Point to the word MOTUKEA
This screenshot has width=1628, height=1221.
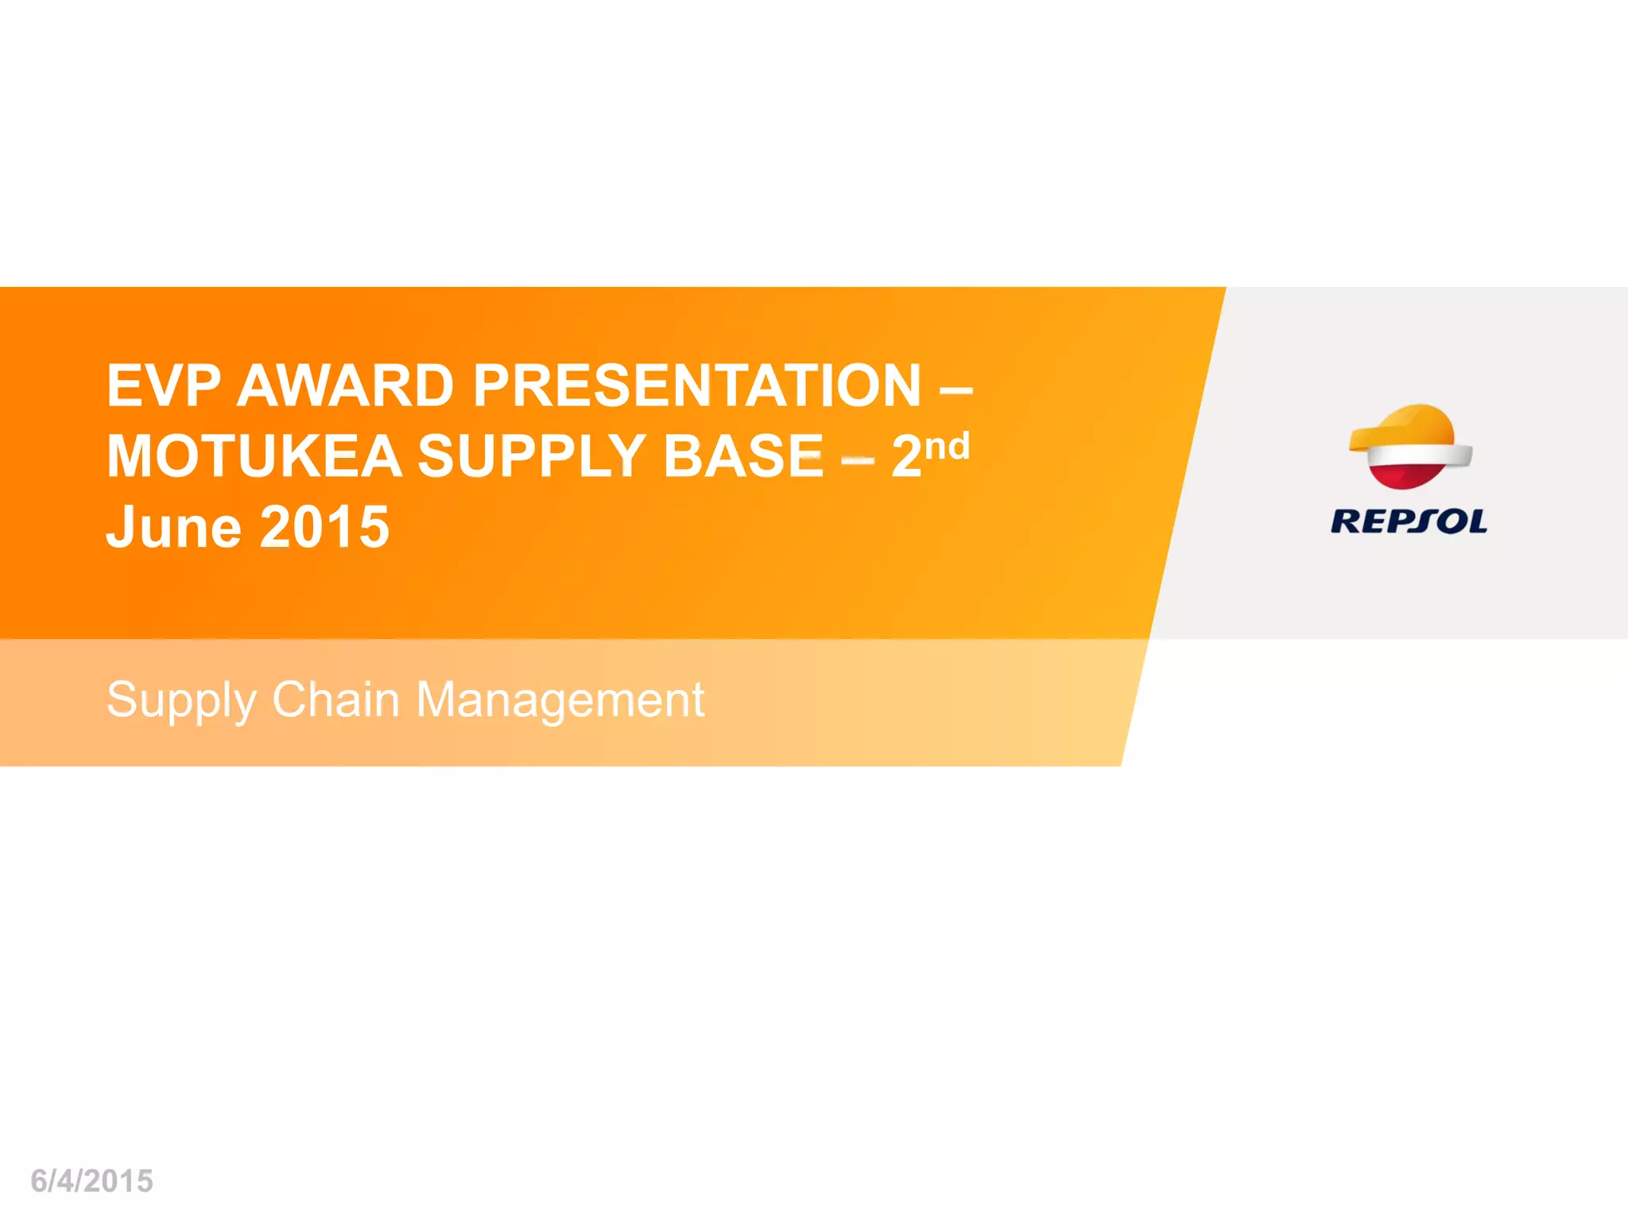254,456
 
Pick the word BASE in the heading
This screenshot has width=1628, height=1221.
743,456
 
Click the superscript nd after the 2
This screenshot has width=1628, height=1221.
948,446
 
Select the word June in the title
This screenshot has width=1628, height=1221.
173,527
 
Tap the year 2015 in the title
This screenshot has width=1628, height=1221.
324,527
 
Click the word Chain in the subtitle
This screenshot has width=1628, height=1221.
335,700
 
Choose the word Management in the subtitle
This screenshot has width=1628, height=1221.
560,700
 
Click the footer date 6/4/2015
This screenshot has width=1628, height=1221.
91,1181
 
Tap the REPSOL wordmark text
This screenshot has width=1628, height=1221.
1409,521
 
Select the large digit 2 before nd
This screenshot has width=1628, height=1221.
906,456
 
